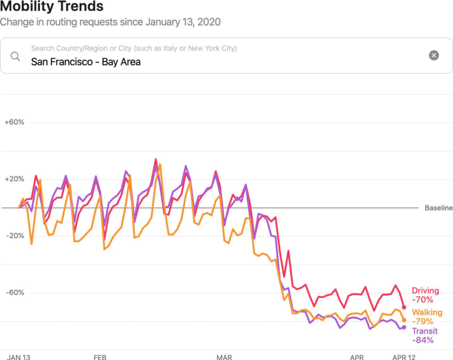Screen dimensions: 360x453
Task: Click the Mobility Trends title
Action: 52,7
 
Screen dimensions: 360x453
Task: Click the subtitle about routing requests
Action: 110,22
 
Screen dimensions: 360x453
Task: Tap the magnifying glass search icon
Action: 15,56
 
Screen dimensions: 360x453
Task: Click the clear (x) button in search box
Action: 434,55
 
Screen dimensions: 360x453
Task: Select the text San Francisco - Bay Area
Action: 86,62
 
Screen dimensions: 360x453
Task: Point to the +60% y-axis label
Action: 14,123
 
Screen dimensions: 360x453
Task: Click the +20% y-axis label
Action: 14,179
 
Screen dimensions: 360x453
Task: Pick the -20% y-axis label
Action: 14,236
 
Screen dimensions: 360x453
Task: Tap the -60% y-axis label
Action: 14,292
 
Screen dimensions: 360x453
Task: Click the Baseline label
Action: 438,208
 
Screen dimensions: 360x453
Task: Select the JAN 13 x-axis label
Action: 19,357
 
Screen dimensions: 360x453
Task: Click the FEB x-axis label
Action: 100,357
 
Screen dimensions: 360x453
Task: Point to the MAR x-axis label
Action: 224,357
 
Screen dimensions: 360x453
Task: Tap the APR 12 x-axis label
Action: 404,357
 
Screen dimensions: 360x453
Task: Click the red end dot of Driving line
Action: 404,307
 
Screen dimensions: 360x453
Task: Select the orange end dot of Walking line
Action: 404,320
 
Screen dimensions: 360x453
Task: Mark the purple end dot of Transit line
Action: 404,327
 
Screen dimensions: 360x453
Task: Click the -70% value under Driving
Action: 422,299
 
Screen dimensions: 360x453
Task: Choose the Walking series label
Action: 427,313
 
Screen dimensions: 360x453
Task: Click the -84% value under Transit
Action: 422,340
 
